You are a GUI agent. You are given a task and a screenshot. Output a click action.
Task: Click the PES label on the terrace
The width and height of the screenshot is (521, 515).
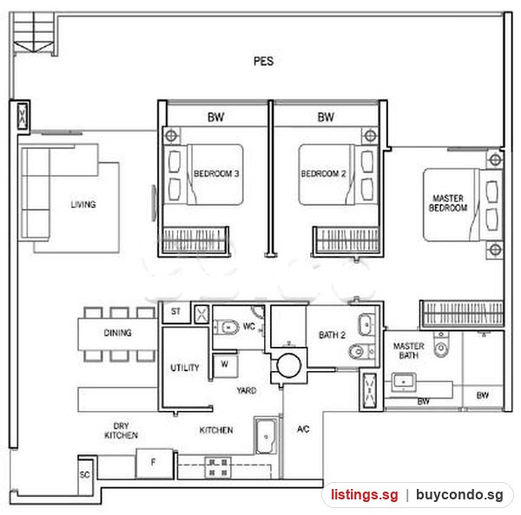[263, 62]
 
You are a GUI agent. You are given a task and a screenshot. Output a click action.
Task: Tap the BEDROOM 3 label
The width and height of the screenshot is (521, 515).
[216, 173]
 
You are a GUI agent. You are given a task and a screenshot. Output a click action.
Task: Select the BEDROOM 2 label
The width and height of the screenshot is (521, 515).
[323, 173]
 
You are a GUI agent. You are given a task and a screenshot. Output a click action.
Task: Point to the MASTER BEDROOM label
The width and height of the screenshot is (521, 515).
[448, 203]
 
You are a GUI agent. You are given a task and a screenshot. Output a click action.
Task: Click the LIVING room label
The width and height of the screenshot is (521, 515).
[83, 205]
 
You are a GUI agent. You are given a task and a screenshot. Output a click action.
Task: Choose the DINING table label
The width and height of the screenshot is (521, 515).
[117, 332]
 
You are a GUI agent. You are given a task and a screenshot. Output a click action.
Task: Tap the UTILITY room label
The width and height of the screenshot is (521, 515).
[185, 368]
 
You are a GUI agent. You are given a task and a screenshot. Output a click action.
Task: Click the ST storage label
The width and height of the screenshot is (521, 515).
[175, 311]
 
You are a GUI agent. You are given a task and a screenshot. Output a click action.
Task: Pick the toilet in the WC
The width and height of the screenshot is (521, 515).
[227, 328]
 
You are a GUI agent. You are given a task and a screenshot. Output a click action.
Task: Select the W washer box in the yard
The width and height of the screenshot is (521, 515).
[225, 365]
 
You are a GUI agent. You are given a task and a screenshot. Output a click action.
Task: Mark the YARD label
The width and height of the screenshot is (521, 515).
[247, 390]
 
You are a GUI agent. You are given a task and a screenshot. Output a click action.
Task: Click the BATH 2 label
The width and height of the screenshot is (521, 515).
[332, 336]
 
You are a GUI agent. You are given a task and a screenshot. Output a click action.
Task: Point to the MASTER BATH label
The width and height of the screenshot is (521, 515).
[409, 351]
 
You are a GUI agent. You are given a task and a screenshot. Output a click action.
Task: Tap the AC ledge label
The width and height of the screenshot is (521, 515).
[303, 429]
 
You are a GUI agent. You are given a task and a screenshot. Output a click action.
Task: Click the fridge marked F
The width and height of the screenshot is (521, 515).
[155, 464]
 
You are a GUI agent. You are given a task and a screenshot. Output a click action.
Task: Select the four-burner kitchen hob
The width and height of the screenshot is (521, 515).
[218, 467]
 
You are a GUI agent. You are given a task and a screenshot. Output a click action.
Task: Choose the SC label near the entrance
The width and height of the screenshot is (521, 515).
[85, 475]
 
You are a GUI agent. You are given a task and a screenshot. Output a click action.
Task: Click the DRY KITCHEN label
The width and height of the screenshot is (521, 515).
[121, 430]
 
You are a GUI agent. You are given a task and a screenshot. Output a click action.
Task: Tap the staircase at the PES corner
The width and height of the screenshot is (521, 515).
[34, 33]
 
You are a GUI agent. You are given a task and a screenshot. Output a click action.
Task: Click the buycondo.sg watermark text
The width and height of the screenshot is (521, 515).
[459, 494]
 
